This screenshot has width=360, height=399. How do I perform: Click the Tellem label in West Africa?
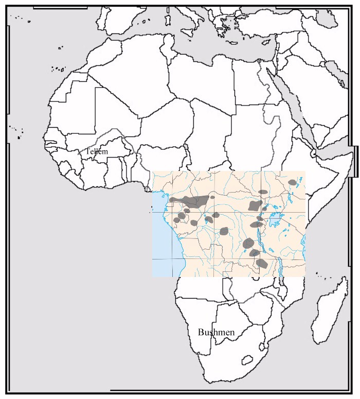point(96,152)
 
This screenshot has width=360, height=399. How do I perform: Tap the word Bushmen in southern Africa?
point(216,333)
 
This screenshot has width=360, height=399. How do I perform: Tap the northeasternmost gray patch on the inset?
point(293,182)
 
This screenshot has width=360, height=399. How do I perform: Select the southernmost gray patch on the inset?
point(261,263)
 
